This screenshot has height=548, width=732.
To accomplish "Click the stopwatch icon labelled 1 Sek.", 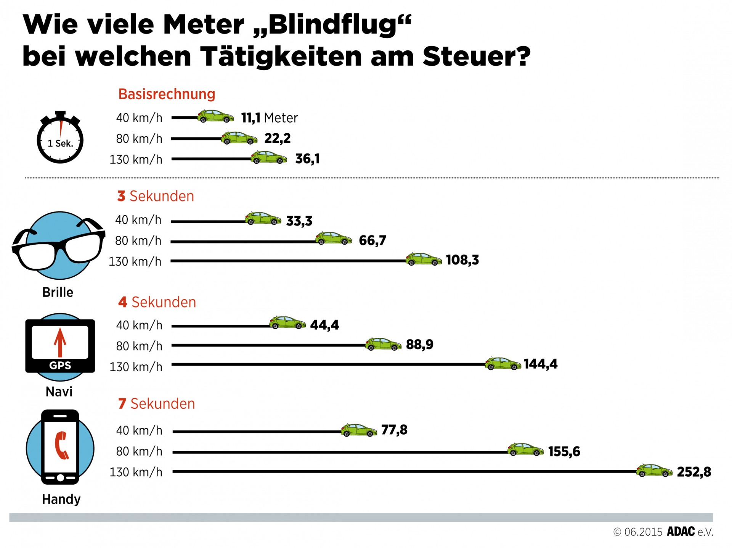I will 60,138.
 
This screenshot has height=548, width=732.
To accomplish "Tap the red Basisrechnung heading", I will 167,94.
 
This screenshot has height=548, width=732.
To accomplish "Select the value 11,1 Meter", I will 269,118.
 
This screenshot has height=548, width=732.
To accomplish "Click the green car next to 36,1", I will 269,158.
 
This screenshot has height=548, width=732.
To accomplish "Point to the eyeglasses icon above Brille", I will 58,244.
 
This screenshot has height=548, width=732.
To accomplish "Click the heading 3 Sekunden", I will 156,196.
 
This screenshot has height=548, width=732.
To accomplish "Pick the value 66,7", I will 372,240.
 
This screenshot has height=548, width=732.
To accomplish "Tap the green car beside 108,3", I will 424,259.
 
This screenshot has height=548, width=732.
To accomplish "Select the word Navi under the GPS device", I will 59,392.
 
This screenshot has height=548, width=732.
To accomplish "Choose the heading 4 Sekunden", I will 157,302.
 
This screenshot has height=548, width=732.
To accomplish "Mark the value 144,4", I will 540,364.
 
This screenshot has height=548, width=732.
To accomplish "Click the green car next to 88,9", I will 383,344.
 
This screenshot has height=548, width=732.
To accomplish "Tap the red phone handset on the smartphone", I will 61,445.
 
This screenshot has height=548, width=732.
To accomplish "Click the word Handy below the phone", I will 61,499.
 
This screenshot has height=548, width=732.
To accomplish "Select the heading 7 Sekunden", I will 157,404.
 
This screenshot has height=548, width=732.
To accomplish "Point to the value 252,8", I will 694,472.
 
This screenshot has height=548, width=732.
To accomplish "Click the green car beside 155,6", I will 525,450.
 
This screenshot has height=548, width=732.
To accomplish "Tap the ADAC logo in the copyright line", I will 681,532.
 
